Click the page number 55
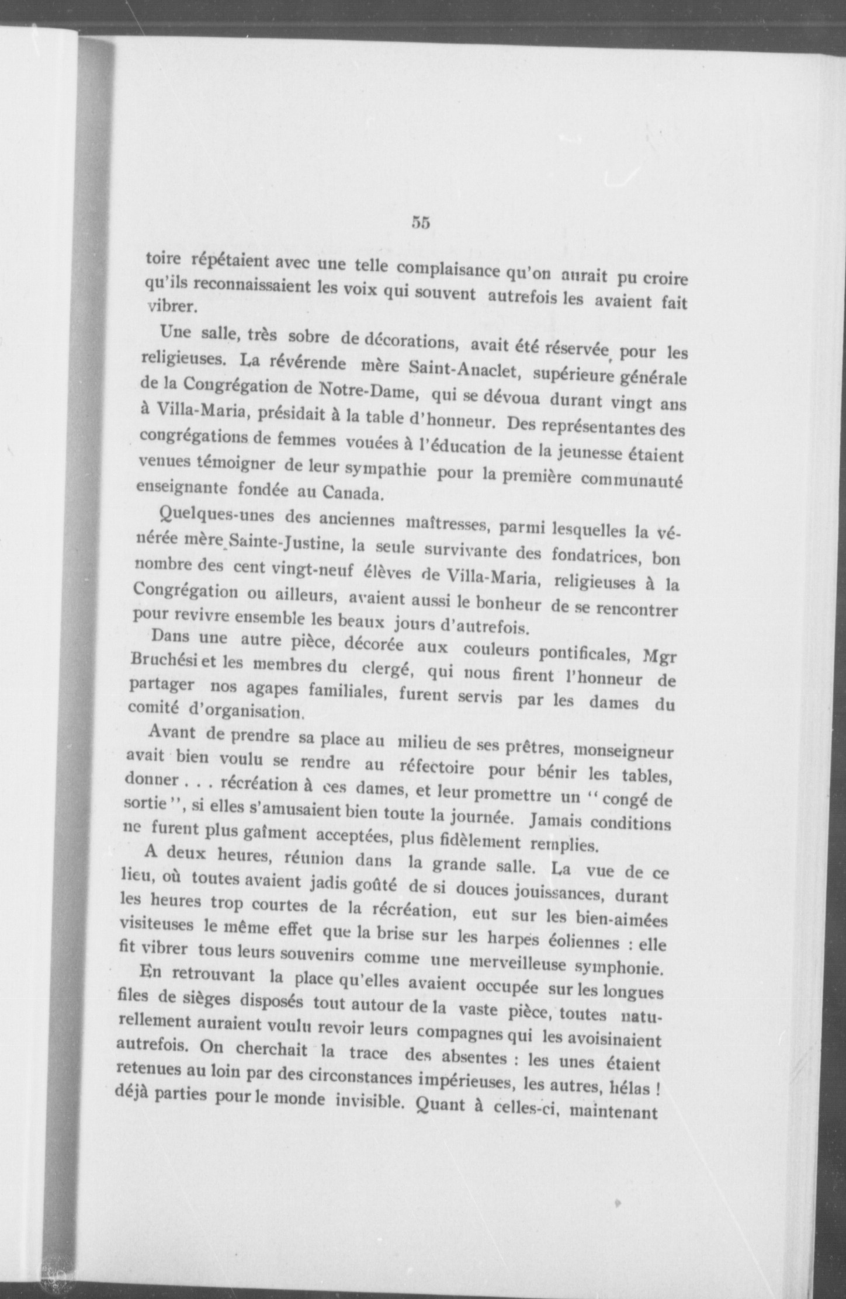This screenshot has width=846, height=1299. [421, 223]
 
